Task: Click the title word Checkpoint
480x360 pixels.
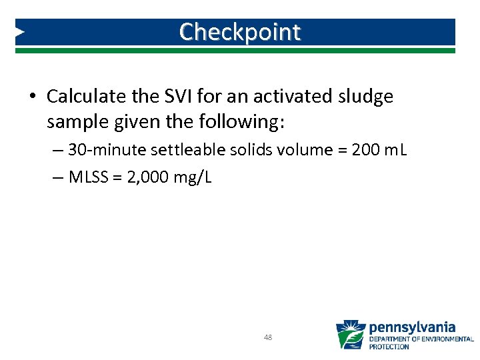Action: [240, 31]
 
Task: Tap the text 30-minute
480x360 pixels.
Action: [99, 150]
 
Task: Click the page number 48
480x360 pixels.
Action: [268, 337]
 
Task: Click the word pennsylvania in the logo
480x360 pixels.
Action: [412, 327]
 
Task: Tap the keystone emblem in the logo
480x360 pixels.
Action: [351, 334]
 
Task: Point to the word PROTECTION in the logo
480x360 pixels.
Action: [389, 347]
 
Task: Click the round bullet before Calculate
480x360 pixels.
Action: [33, 97]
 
